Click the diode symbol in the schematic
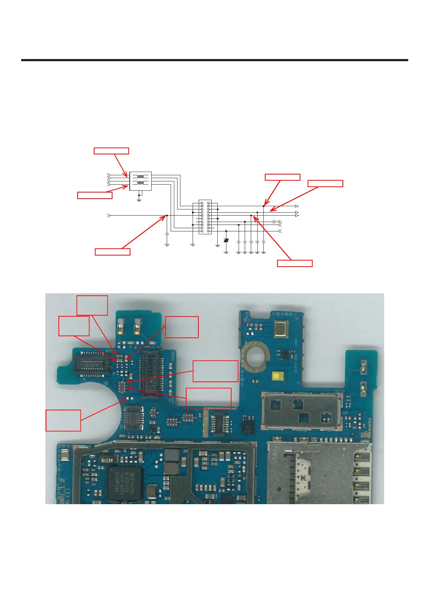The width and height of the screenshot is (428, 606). tap(226, 240)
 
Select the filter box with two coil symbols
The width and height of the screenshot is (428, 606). tap(141, 181)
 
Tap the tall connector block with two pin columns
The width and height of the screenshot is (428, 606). tap(205, 217)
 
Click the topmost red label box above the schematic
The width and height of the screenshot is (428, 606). tap(111, 151)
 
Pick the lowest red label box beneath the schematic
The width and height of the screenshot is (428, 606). tap(295, 263)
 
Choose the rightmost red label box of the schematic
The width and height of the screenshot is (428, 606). tap(325, 184)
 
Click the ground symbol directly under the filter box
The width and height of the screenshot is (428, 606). tap(139, 199)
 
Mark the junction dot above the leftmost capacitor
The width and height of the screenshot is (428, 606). tap(167, 216)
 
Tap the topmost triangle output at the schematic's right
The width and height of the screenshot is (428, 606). tap(297, 206)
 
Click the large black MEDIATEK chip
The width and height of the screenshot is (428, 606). tap(125, 483)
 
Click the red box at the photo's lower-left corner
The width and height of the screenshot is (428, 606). tap(63, 420)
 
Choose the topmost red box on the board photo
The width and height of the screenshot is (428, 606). tap(92, 305)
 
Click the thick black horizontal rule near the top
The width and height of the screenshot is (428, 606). tap(215, 60)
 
